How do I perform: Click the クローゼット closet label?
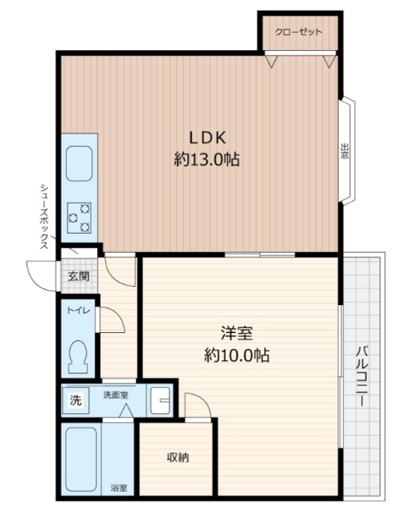[298, 33]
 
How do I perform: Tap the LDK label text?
[208, 138]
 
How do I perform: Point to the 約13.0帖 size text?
[207, 159]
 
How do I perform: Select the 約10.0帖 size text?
[237, 355]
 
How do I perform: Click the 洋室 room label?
[237, 334]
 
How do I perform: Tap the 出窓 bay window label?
[344, 151]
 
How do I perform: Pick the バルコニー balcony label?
[362, 377]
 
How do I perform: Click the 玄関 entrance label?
[79, 276]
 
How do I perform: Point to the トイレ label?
[78, 311]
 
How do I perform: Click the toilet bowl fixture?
[78, 357]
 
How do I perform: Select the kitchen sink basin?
[80, 164]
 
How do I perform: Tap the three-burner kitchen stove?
[80, 218]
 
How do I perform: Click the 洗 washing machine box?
[76, 401]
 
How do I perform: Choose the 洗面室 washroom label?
[115, 395]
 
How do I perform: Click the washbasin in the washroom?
[161, 401]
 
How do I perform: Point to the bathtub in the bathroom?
[82, 459]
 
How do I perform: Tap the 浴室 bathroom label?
[119, 488]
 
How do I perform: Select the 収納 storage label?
[177, 457]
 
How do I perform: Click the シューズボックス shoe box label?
[45, 217]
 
